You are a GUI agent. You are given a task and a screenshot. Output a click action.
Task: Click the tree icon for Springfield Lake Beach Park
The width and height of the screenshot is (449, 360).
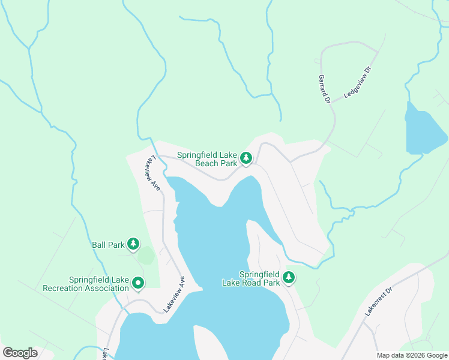tap(246, 158)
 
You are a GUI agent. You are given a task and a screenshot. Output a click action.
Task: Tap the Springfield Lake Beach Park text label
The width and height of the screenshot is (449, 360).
tap(208, 159)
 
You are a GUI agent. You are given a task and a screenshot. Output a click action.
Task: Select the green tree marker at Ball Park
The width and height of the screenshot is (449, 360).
tap(133, 244)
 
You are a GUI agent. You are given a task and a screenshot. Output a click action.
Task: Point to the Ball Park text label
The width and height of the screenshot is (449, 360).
tap(107, 245)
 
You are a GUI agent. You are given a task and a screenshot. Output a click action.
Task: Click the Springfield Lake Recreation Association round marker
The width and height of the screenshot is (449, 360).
tap(138, 282)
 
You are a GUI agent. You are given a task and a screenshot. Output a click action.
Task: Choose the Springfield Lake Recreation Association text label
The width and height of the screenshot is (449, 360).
tap(86, 284)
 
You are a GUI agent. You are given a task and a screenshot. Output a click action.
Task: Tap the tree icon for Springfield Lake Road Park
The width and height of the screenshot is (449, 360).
tap(289, 277)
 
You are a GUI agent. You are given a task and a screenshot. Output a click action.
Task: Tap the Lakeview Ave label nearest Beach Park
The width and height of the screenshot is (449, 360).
tap(152, 173)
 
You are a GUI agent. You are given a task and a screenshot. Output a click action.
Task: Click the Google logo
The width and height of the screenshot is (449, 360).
tap(20, 353)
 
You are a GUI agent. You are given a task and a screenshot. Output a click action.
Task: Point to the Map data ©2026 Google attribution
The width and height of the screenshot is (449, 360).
tap(411, 355)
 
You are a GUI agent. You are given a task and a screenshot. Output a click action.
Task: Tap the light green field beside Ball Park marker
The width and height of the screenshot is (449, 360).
tap(146, 255)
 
